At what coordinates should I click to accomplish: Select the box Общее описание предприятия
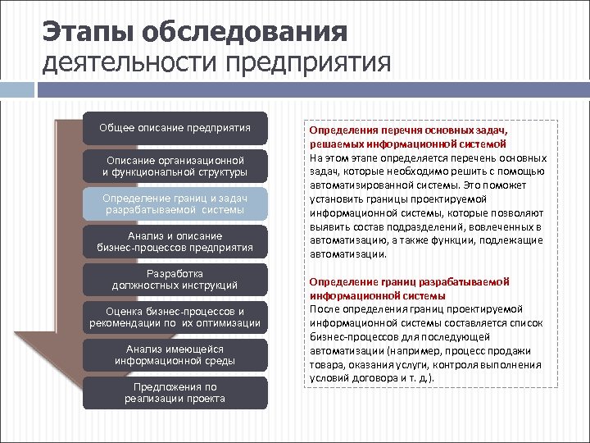tap(175, 128)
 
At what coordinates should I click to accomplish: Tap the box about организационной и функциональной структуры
tap(175, 166)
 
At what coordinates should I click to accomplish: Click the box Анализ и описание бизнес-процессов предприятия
tap(175, 241)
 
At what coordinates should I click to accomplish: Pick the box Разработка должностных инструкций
tap(175, 279)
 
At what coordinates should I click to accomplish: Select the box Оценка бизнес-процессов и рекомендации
tap(175, 317)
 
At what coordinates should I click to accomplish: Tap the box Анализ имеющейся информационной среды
tap(175, 354)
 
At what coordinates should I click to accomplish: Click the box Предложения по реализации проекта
tap(175, 392)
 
